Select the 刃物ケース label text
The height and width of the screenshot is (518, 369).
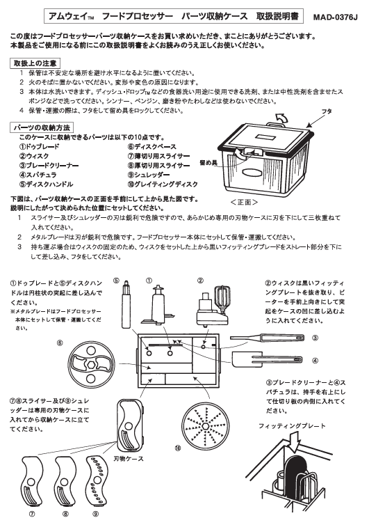click(x=129, y=460)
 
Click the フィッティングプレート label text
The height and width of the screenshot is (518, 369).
click(x=288, y=425)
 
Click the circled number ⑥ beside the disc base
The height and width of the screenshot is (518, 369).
click(x=60, y=343)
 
